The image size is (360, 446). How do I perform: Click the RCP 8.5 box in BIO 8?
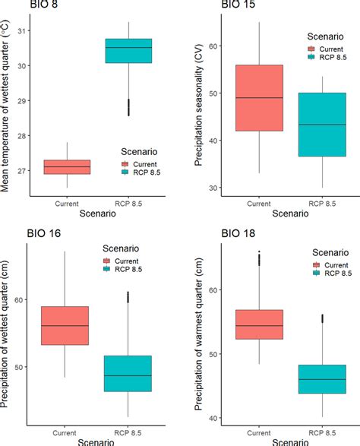pos(128,51)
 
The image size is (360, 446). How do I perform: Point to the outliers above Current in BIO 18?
pos(259,258)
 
